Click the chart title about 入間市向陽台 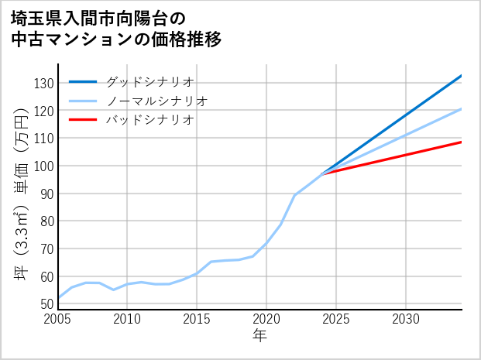click(x=116, y=29)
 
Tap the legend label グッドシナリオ click(x=149, y=81)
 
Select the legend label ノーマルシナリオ click(x=156, y=101)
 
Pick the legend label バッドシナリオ click(x=149, y=120)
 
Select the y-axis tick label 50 click(x=46, y=304)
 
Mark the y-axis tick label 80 click(x=46, y=221)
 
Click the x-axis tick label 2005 click(x=58, y=319)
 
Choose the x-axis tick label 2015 click(x=197, y=319)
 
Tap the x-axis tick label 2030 click(x=406, y=319)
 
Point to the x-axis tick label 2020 click(x=266, y=319)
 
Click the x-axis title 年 click(x=259, y=335)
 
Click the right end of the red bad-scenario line click(x=461, y=142)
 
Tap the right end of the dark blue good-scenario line click(x=461, y=76)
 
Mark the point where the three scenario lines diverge click(x=322, y=173)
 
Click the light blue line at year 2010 click(x=128, y=284)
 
